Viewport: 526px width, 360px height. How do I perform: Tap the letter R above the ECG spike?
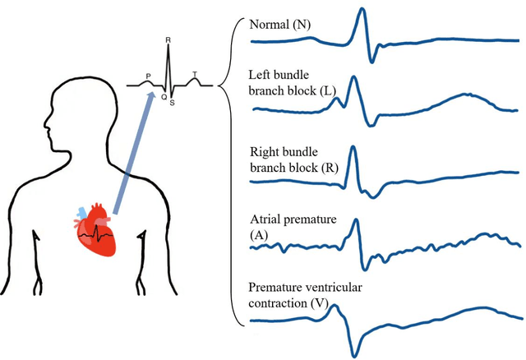tap(168, 38)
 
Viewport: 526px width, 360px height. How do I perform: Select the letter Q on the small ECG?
tap(163, 95)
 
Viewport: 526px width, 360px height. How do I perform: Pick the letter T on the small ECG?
tap(195, 75)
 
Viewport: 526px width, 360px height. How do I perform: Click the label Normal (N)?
tap(280, 25)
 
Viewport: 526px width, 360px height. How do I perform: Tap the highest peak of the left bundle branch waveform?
tap(353, 77)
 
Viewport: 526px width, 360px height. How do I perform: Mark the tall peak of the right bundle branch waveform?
tap(353, 148)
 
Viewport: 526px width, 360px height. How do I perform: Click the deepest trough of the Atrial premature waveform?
tap(363, 265)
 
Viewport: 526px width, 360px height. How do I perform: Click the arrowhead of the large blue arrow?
tap(150, 97)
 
